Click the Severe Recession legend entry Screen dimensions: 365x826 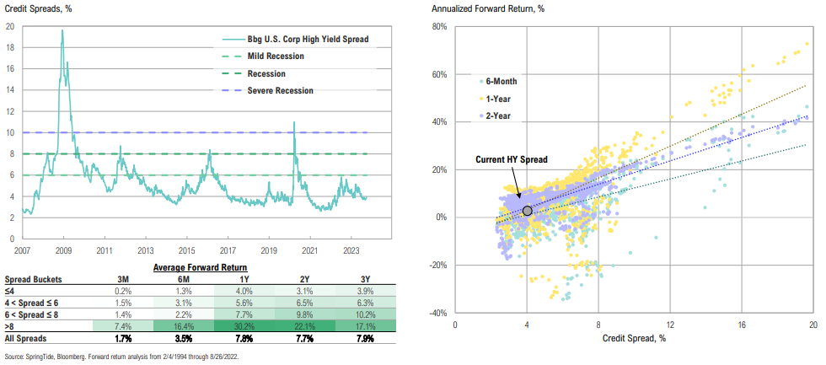coord(281,90)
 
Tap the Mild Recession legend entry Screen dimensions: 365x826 coord(276,56)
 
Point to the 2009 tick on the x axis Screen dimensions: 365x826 coord(62,251)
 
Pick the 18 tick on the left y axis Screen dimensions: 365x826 coord(10,47)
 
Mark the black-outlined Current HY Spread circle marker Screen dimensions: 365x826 coord(527,211)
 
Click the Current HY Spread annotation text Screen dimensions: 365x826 coord(511,159)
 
